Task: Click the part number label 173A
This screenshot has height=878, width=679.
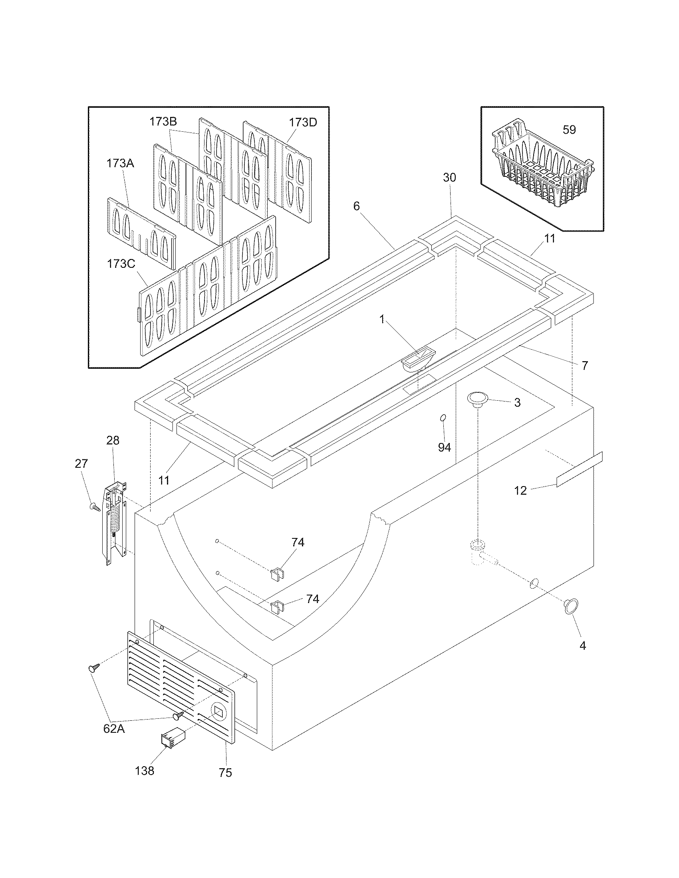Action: pos(120,163)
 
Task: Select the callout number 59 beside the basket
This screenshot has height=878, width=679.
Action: pos(569,130)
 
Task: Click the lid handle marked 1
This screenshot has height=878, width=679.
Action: pos(418,357)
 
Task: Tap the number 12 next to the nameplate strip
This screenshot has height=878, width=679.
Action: pos(520,490)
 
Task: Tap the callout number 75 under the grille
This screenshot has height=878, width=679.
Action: pos(226,773)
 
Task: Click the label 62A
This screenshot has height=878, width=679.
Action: pos(114,728)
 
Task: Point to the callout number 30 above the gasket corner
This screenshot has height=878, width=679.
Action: pos(450,177)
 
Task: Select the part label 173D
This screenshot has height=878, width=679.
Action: pos(303,122)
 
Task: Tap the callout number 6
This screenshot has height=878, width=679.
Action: pos(356,206)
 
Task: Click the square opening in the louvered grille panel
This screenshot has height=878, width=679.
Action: pos(218,712)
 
